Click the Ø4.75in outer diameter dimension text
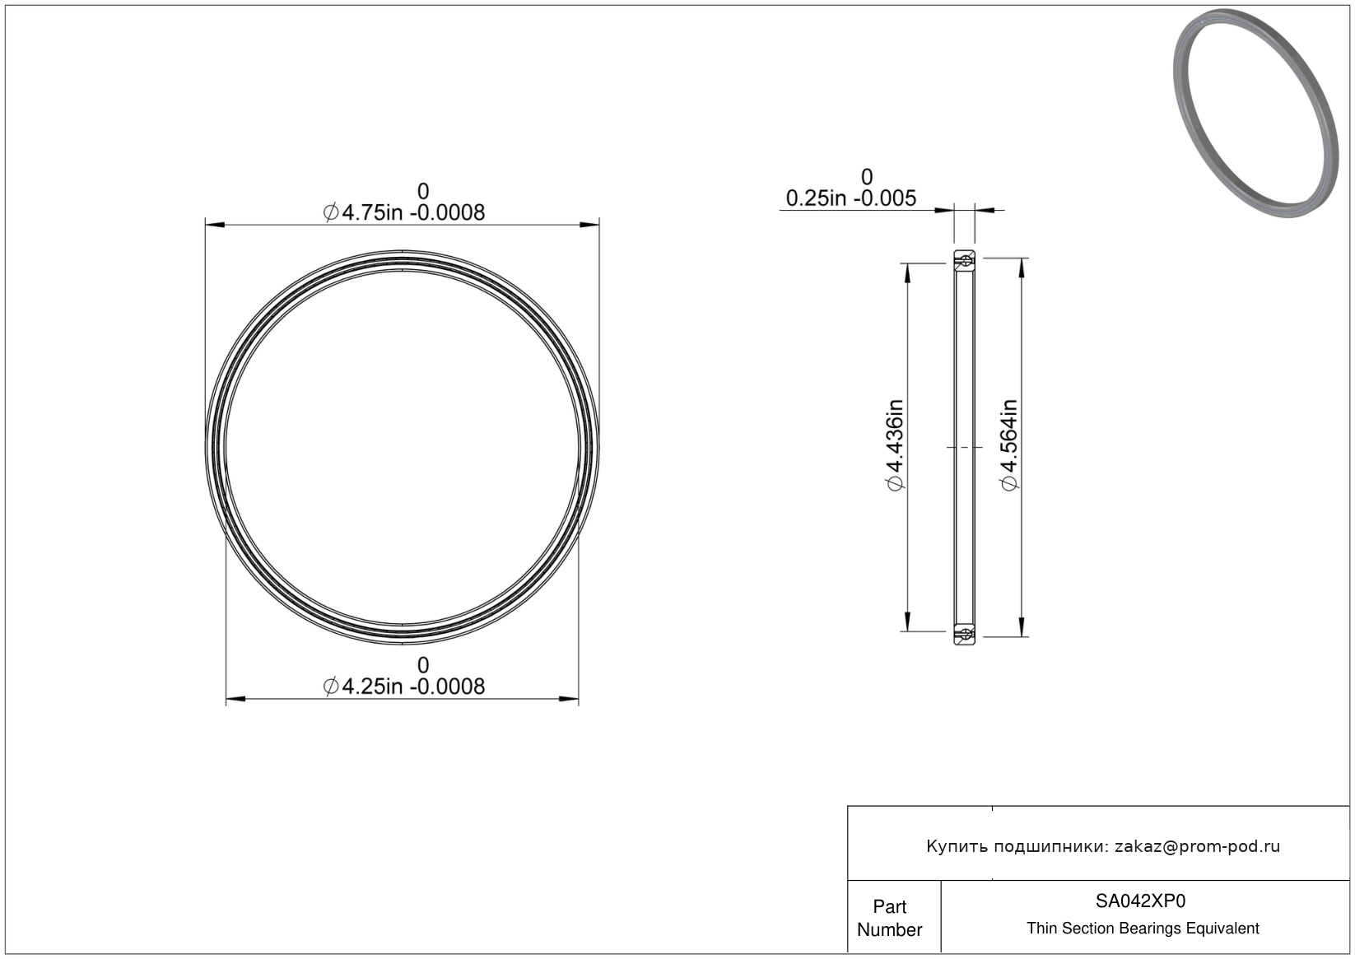[x=403, y=212]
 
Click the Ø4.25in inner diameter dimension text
[x=403, y=687]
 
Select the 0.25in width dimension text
[x=850, y=198]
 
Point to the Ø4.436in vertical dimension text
[x=895, y=445]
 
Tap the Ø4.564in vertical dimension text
[x=1009, y=445]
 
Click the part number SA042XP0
[x=1140, y=901]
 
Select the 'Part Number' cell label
[x=889, y=918]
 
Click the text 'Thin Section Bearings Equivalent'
[x=1143, y=929]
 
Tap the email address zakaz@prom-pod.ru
[x=1197, y=846]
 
